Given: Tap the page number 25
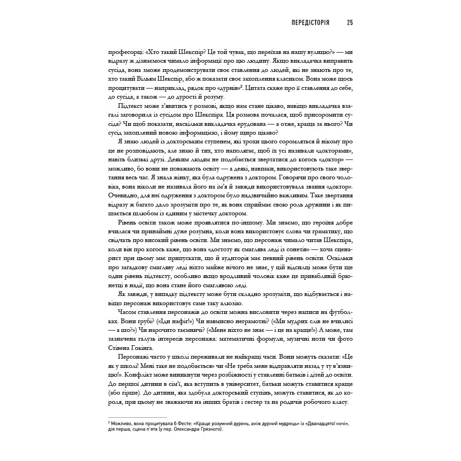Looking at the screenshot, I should pos(349,23).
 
